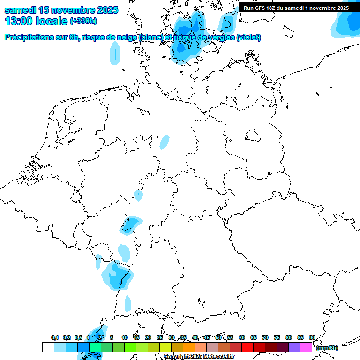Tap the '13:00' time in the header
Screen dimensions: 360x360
click(x=18, y=21)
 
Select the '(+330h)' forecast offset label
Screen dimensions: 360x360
click(x=83, y=21)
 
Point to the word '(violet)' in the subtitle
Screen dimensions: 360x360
click(x=248, y=37)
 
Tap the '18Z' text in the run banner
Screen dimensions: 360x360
click(x=271, y=8)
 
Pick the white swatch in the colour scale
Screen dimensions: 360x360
click(x=48, y=347)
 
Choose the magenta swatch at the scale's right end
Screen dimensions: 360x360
click(x=306, y=347)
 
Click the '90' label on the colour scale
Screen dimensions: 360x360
click(x=312, y=337)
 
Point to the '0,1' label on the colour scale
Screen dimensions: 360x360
click(x=55, y=337)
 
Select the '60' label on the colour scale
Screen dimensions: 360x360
click(x=242, y=337)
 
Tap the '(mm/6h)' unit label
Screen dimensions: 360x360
click(x=327, y=348)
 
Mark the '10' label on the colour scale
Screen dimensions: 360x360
click(x=125, y=337)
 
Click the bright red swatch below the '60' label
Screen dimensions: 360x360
click(x=247, y=347)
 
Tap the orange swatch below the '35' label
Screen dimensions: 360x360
click(x=189, y=347)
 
